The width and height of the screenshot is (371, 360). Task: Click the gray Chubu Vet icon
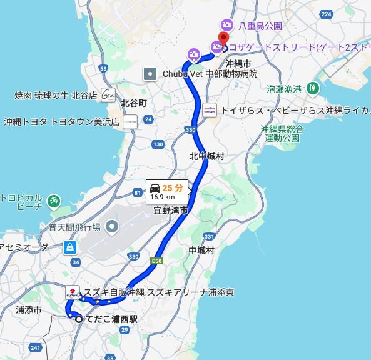tap(151, 74)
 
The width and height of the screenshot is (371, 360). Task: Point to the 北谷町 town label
tap(133, 102)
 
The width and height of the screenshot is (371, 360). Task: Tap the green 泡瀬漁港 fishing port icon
tap(311, 88)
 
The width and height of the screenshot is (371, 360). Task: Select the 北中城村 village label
tap(207, 156)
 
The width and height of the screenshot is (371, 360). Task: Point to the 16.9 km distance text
tap(162, 197)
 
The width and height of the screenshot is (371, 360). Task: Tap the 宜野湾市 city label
tap(171, 211)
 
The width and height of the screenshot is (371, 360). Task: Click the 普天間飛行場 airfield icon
tap(112, 226)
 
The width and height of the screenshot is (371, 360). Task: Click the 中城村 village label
tap(201, 251)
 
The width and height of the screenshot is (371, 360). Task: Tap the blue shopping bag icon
tap(69, 248)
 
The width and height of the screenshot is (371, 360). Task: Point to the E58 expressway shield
tap(156, 259)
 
